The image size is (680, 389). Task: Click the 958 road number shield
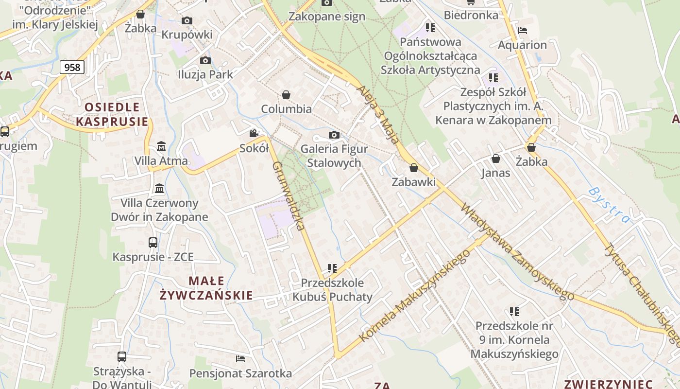click(x=72, y=67)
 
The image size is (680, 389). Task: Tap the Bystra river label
click(x=609, y=205)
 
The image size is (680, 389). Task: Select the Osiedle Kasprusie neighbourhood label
click(x=112, y=114)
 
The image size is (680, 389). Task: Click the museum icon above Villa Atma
click(x=161, y=146)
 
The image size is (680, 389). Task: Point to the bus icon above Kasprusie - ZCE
click(x=153, y=242)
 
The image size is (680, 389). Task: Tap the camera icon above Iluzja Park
click(x=205, y=60)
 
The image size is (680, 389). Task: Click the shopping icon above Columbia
click(x=286, y=94)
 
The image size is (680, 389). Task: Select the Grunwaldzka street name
click(x=289, y=195)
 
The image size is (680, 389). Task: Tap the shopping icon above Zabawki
click(x=413, y=168)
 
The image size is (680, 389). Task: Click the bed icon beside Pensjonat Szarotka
click(x=240, y=359)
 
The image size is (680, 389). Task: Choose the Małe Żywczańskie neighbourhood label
click(x=206, y=288)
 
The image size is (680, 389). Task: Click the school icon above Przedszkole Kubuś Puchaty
click(x=332, y=268)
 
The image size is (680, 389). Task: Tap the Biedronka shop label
click(x=471, y=15)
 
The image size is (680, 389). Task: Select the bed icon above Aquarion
click(x=523, y=31)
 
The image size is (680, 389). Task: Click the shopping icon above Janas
click(x=496, y=159)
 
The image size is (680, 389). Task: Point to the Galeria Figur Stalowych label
click(x=334, y=156)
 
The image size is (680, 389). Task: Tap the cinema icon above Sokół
click(x=254, y=134)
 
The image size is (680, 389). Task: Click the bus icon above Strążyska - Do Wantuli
click(x=122, y=357)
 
